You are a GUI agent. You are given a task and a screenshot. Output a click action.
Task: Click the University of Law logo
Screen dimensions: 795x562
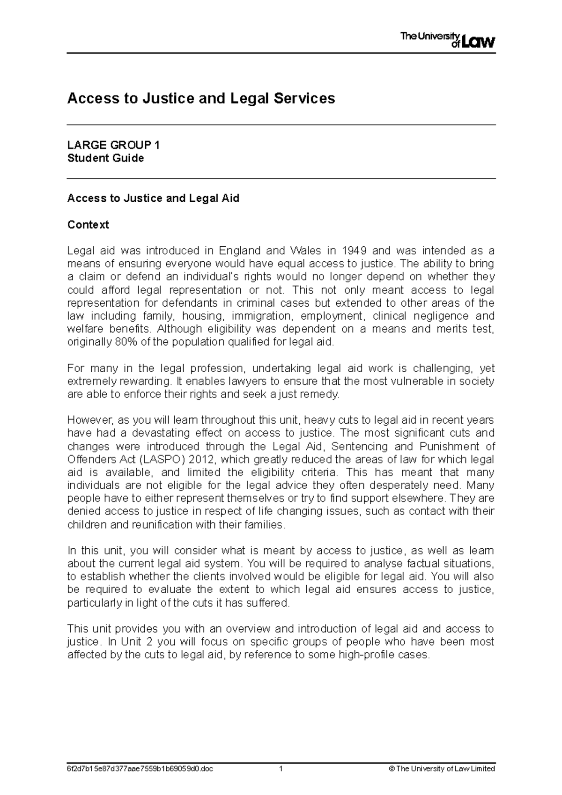447,41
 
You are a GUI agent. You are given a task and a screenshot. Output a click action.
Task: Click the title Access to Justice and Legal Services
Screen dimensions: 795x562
201,98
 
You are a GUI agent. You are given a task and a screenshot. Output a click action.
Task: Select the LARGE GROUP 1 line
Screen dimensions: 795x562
113,145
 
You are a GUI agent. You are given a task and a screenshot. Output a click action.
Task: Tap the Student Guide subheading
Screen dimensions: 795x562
105,158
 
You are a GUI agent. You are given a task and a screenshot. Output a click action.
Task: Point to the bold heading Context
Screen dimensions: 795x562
88,225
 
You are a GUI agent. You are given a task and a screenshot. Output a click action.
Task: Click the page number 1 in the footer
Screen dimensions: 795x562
281,769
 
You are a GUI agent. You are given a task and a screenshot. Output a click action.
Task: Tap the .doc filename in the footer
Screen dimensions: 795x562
140,769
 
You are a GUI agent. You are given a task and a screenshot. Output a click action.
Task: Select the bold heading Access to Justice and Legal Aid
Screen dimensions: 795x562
153,198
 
